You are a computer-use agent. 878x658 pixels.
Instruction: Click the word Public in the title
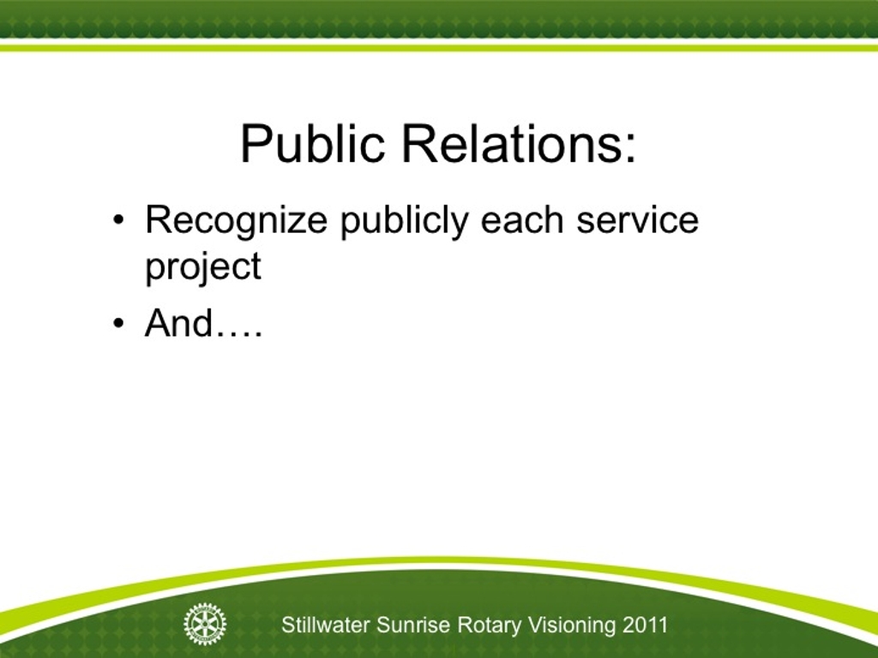pyautogui.click(x=312, y=144)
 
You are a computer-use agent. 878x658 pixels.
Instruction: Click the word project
pyautogui.click(x=202, y=267)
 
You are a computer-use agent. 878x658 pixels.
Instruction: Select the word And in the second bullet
pyautogui.click(x=178, y=323)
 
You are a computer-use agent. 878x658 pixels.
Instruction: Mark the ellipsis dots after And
pyautogui.click(x=239, y=334)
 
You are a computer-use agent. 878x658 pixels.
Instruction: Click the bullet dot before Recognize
pyautogui.click(x=118, y=220)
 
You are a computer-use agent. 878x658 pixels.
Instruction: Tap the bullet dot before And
pyautogui.click(x=118, y=323)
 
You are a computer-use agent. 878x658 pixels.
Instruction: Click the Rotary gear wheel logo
pyautogui.click(x=205, y=624)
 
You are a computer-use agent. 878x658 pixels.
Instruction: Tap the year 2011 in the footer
pyautogui.click(x=645, y=625)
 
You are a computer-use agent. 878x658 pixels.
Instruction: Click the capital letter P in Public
pyautogui.click(x=255, y=143)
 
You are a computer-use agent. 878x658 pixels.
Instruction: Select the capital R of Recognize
pyautogui.click(x=159, y=219)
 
